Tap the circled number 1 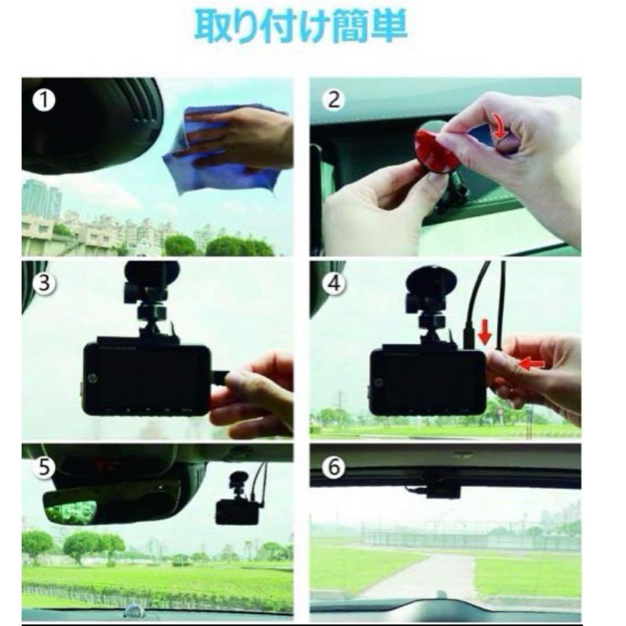point(44,101)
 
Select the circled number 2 point(333,100)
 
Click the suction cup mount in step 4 point(431,282)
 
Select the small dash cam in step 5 point(238,510)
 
